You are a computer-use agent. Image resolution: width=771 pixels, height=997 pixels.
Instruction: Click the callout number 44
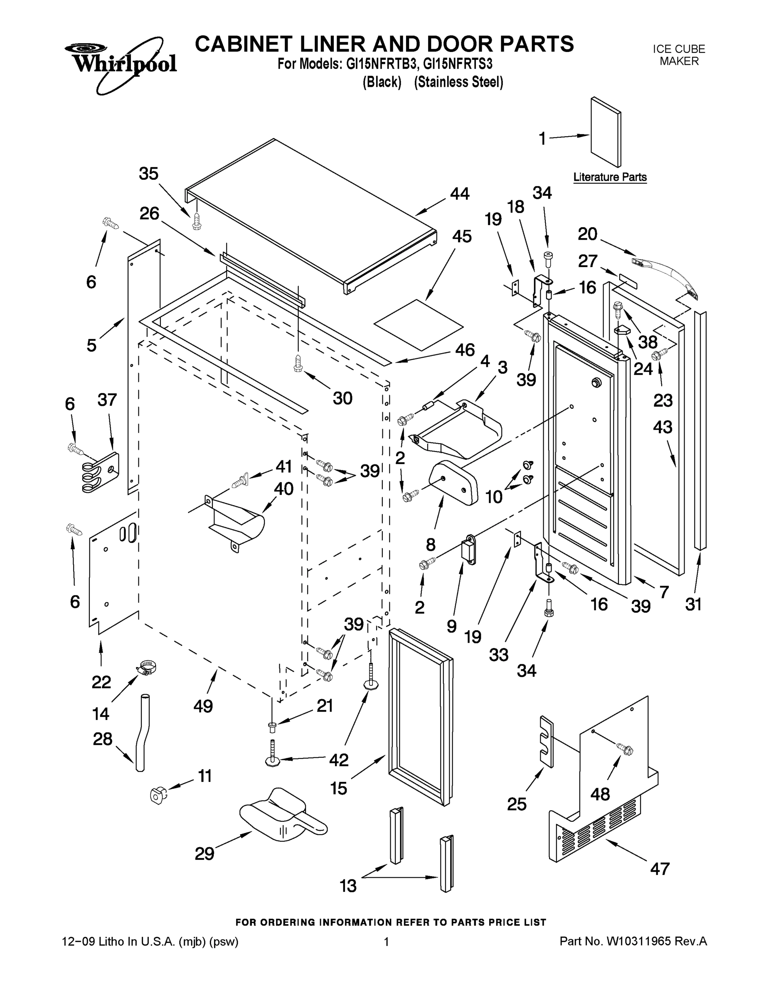tap(460, 194)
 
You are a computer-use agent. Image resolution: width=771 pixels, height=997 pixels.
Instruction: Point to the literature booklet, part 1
tap(606, 133)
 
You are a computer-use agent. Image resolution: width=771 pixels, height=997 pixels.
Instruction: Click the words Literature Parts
tap(610, 177)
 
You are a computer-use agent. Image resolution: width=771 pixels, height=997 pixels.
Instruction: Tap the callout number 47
tap(660, 869)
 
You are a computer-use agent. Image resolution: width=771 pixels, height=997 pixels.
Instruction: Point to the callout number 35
tap(148, 174)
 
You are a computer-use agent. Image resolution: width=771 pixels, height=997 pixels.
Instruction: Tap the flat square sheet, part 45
tap(418, 324)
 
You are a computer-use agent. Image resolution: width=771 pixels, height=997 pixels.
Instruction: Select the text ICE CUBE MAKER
tap(679, 55)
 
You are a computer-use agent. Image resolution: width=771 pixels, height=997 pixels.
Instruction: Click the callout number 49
tap(203, 706)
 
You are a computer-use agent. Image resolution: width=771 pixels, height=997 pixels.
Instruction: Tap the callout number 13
tap(348, 886)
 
